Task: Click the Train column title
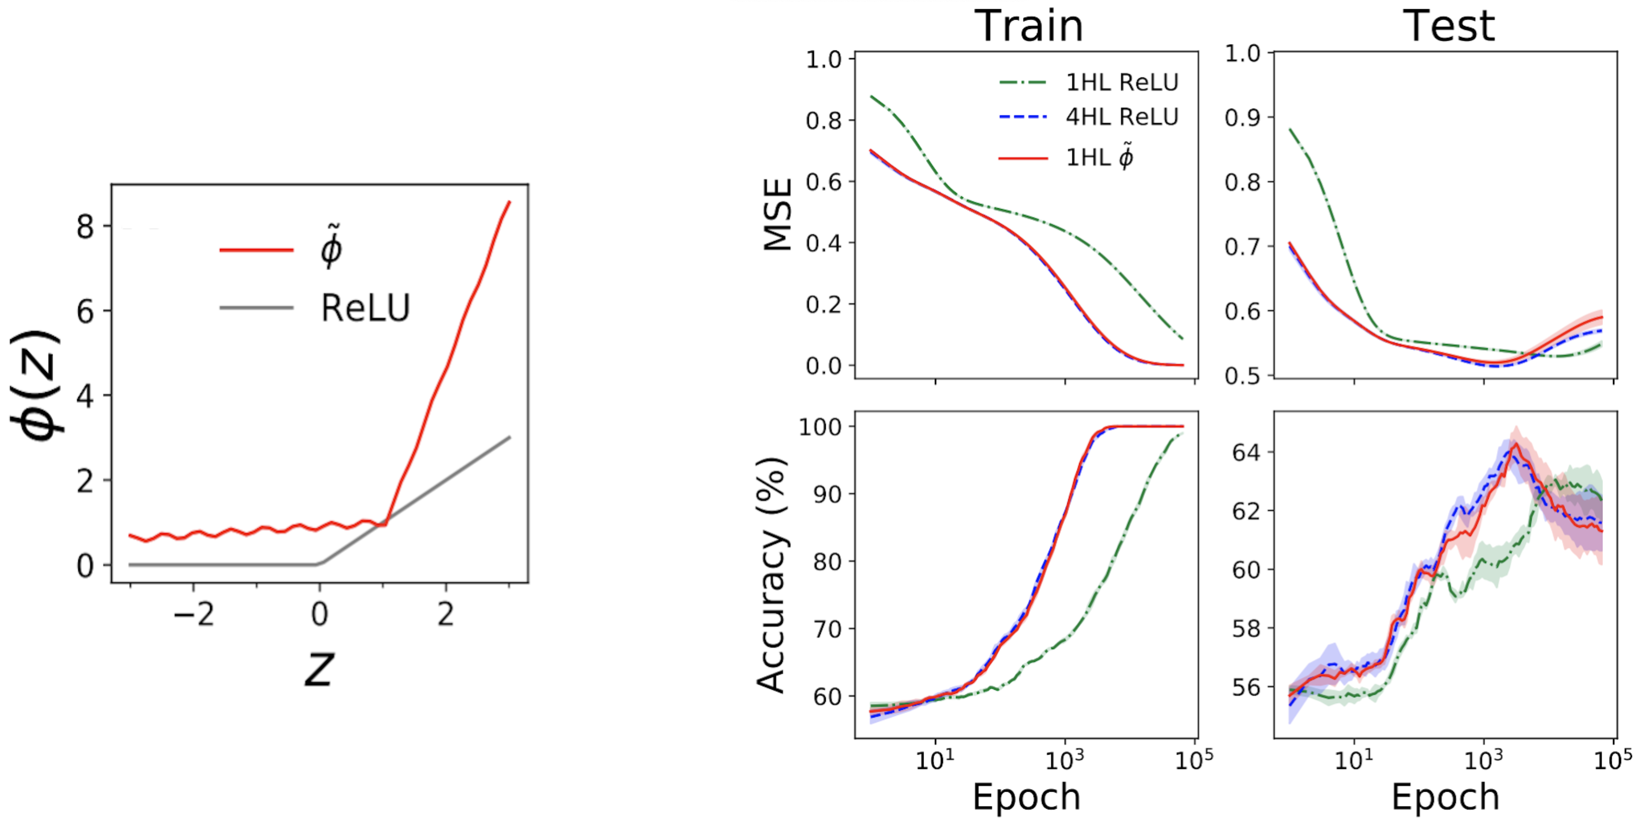(1028, 27)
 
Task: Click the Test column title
(1448, 27)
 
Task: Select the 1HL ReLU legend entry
(1121, 82)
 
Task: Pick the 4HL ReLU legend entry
(1121, 117)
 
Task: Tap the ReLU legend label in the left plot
(365, 308)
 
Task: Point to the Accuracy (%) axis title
(773, 575)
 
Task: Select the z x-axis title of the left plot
(318, 669)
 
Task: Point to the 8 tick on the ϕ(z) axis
(85, 227)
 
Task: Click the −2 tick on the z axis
(194, 615)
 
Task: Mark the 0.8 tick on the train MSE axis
(824, 120)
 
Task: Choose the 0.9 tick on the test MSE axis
(1242, 118)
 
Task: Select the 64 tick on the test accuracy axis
(1246, 453)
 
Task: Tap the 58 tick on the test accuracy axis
(1246, 629)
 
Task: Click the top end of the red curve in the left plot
(509, 202)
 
